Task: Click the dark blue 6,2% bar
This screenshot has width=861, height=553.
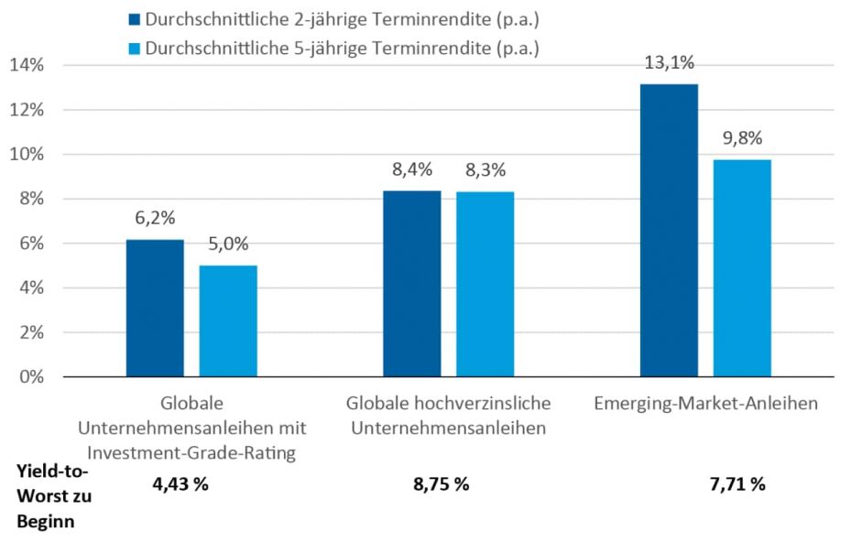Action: coord(155,308)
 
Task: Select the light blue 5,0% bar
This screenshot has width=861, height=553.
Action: coord(228,320)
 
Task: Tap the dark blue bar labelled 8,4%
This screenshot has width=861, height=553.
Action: coord(411,283)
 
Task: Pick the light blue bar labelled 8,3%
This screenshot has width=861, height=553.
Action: coord(485,284)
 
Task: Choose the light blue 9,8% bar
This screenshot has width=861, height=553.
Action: coord(742,267)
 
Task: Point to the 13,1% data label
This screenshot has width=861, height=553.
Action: coord(669,63)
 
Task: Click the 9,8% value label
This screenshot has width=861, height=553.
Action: coord(742,139)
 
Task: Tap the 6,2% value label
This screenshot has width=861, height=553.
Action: coord(155,219)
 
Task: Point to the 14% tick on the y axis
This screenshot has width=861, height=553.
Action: coord(26,65)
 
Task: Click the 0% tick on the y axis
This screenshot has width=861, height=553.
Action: coord(30,377)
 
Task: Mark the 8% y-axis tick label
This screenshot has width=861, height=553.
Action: coord(30,199)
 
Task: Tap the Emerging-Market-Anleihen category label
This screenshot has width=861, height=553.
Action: coord(705,403)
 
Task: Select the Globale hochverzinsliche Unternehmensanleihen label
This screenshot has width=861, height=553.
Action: coord(448,415)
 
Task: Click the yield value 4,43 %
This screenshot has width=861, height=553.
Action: coord(180,484)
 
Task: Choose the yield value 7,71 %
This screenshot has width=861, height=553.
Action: coord(736,484)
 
